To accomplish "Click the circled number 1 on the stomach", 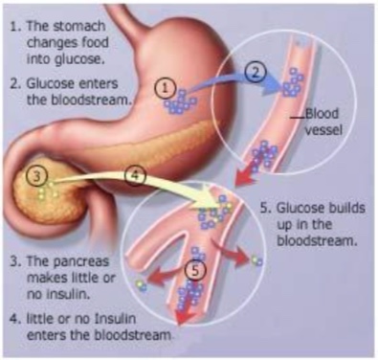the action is pyautogui.click(x=166, y=87).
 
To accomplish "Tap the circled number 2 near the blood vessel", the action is pyautogui.click(x=255, y=69).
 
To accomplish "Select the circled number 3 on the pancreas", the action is pyautogui.click(x=37, y=177).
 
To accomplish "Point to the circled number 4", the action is pyautogui.click(x=135, y=176).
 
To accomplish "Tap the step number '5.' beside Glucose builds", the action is pyautogui.click(x=264, y=208).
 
